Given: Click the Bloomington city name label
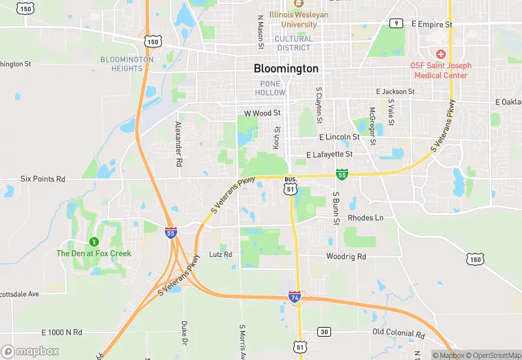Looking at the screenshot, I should (286, 69).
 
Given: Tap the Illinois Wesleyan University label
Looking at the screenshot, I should (299, 19).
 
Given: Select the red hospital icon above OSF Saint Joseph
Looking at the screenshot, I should (441, 54).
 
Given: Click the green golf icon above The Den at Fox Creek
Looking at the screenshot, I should (93, 242).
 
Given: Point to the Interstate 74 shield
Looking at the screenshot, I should (295, 297).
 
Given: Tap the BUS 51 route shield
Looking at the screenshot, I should (291, 185).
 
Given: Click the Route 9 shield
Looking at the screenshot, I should (395, 23).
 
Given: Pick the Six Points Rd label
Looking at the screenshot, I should (43, 179).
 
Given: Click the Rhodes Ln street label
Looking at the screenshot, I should (365, 218).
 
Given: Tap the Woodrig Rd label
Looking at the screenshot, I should (346, 256).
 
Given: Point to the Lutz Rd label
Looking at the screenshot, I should (220, 254).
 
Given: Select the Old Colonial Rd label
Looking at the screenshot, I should (398, 332).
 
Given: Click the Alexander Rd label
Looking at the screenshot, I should (179, 145).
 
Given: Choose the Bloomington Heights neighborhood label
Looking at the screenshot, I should (127, 64).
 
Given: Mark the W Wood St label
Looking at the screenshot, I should (262, 113).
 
